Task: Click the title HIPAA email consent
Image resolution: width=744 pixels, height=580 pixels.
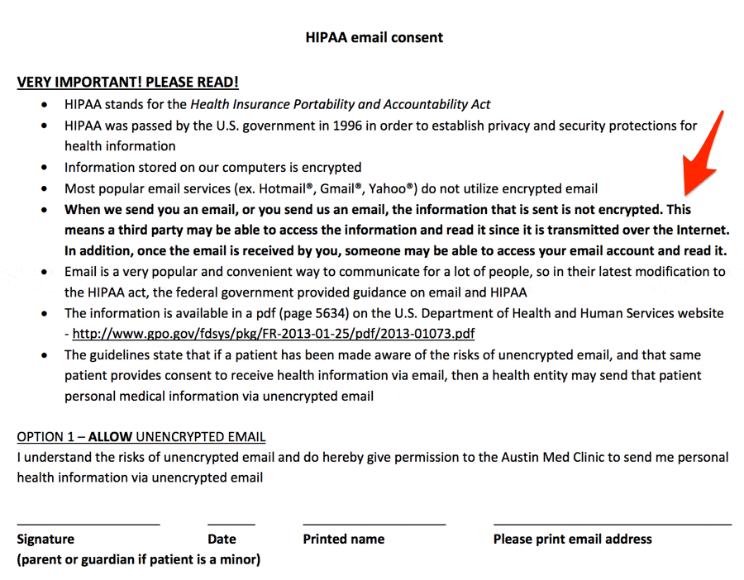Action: pos(374,37)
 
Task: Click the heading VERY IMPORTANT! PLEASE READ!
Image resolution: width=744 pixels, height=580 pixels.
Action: pos(128,83)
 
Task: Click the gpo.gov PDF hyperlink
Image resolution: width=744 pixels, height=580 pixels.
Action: pos(274,334)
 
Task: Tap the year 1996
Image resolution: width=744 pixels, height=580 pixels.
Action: pos(349,126)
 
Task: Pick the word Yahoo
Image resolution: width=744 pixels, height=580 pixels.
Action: pos(392,188)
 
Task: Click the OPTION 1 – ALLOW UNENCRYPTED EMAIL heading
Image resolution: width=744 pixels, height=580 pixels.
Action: pos(141,437)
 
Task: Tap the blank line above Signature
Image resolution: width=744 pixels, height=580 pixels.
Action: pos(88,524)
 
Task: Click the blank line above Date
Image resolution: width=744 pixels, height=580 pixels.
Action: pos(231,524)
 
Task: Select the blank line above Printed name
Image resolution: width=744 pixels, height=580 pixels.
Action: pos(374,524)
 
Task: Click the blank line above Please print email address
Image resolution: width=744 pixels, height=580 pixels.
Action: pos(612,524)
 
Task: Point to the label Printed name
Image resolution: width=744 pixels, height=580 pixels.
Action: pos(343,540)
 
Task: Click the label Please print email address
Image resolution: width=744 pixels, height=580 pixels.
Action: pos(572,540)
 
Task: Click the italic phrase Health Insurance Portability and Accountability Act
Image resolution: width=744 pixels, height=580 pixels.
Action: pos(341,104)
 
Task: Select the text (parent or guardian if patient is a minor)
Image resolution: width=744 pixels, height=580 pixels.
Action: pos(139,559)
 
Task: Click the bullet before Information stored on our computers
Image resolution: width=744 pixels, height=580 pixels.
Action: pos(44,168)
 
